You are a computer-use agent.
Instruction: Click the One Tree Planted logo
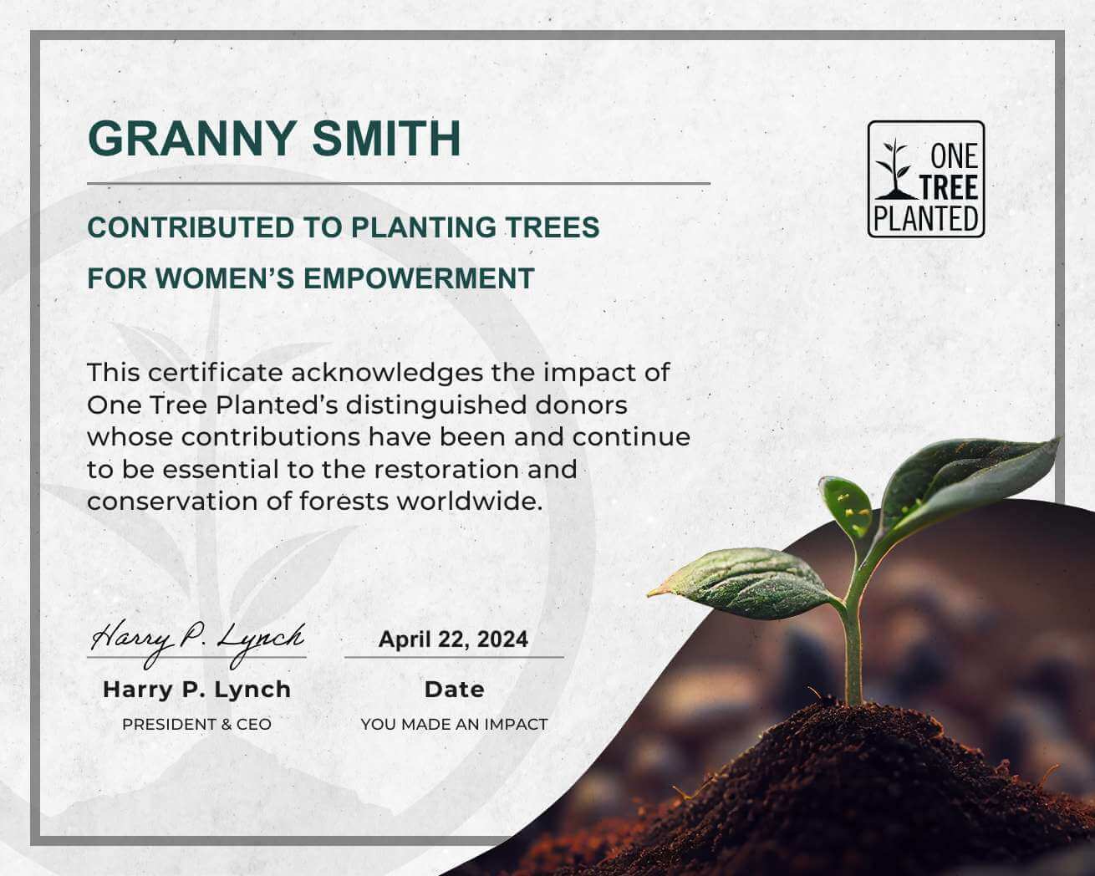[925, 179]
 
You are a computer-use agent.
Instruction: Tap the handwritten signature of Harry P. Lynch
[197, 640]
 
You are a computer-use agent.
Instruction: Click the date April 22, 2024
[453, 639]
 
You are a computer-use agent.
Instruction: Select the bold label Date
[454, 690]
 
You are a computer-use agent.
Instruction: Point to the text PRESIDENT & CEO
[196, 725]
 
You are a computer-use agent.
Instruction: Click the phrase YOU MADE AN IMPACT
[454, 725]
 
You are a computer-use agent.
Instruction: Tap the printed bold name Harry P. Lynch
[196, 690]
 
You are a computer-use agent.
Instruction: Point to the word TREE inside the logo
[949, 187]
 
